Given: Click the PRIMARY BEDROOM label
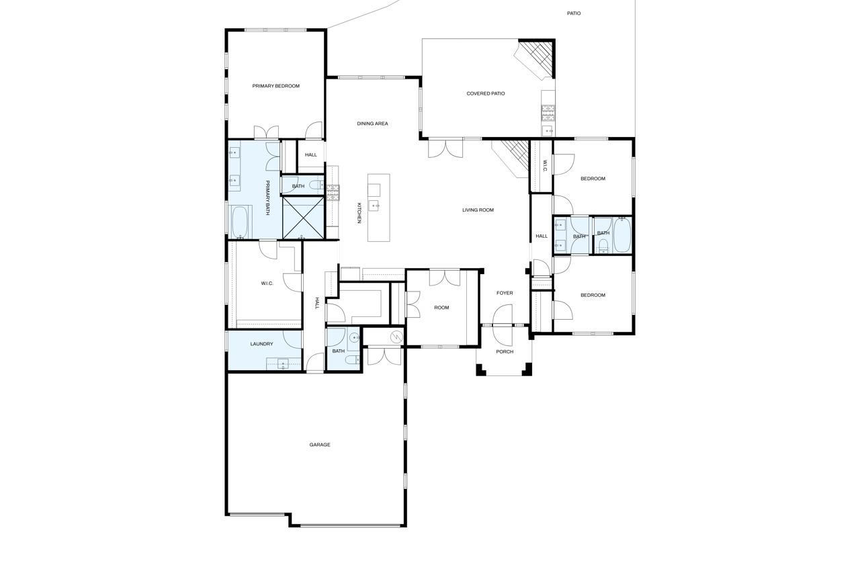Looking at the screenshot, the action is tap(275, 86).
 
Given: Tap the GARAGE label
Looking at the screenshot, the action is tap(320, 445).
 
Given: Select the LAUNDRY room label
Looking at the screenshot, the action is tap(261, 344).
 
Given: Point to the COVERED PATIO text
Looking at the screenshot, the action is tap(485, 93).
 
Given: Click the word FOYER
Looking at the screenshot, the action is tap(505, 293).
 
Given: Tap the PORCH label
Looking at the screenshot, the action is tap(505, 351).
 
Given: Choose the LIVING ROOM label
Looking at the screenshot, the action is tap(478, 210).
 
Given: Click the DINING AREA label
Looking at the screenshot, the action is tap(372, 124).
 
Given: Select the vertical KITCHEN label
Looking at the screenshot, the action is tap(359, 213).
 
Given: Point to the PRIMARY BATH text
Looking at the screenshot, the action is tap(267, 197).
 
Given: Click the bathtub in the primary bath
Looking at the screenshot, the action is tap(241, 222).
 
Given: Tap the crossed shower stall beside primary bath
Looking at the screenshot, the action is tap(303, 218).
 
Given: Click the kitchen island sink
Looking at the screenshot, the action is tap(374, 206).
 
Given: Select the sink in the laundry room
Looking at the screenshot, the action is tap(284, 363).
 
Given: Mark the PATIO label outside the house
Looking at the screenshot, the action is tap(574, 13).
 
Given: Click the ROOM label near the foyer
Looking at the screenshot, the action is tap(441, 308).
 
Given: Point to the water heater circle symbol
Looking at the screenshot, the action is tap(396, 337).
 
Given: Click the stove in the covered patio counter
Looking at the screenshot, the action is tap(548, 112).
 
